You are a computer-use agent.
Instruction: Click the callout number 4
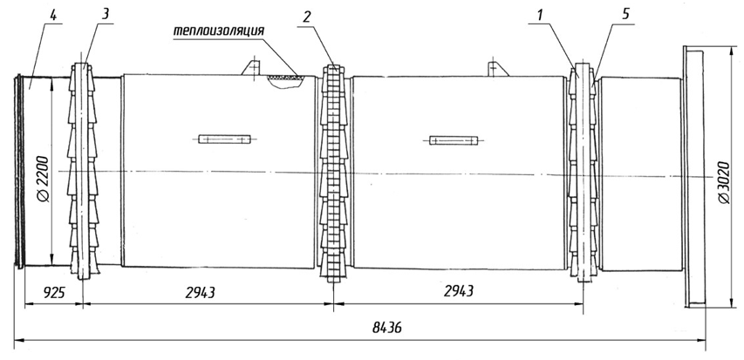[x=53, y=15]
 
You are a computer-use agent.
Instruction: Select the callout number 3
[x=106, y=13]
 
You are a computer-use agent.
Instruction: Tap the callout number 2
[x=307, y=17]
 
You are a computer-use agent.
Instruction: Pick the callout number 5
[x=626, y=14]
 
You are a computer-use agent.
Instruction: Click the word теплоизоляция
[x=218, y=31]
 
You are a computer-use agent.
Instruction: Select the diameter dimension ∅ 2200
[x=42, y=179]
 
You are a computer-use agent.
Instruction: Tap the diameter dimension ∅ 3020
[x=723, y=182]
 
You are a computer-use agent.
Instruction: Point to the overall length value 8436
[x=387, y=328]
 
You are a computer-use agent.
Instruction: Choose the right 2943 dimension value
[x=459, y=291]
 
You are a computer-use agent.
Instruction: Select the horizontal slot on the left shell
[x=224, y=139]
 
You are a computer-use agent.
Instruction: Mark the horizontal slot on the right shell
[x=454, y=140]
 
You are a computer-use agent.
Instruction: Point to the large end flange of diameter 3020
[x=693, y=177]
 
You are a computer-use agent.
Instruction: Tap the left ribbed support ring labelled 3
[x=83, y=171]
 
